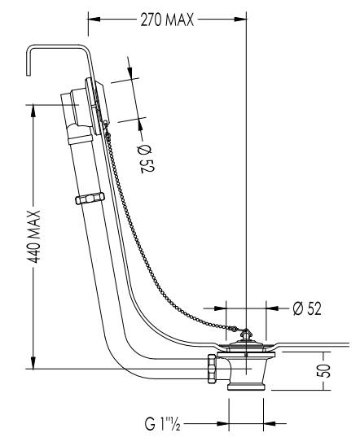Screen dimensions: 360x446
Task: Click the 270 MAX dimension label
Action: (x=167, y=20)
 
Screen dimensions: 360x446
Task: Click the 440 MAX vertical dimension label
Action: (x=35, y=237)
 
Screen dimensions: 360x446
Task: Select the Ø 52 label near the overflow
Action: (x=146, y=159)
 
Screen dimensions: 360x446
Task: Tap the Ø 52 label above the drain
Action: (x=307, y=308)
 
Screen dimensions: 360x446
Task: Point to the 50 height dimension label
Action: (x=324, y=370)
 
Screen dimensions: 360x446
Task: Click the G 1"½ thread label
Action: (x=163, y=423)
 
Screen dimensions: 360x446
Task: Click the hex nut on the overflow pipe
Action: (x=90, y=198)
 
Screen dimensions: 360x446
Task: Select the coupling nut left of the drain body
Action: (x=212, y=369)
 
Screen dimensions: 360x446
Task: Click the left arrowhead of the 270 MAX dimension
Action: (x=94, y=20)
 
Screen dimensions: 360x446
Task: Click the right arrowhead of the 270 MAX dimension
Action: (x=240, y=20)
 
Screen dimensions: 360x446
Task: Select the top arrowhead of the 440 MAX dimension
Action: (x=33, y=111)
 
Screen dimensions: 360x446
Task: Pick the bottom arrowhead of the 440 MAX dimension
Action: (x=33, y=363)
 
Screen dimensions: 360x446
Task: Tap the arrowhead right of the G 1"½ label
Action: (x=270, y=423)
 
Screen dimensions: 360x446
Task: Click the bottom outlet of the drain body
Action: (x=247, y=387)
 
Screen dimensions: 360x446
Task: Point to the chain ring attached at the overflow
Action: (x=106, y=124)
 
